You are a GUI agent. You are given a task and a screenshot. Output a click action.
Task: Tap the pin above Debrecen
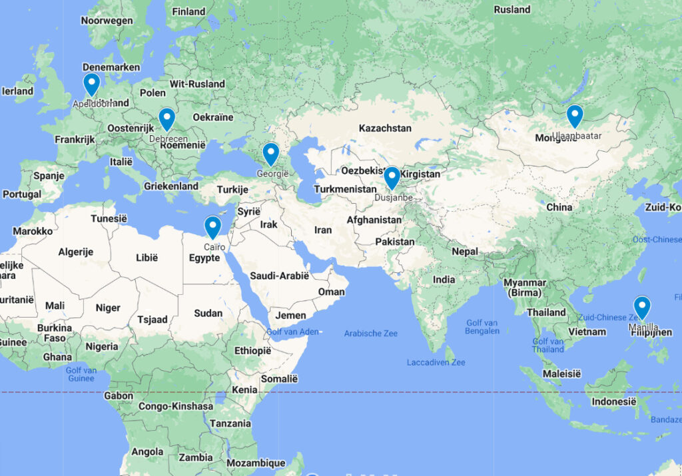(x=167, y=119)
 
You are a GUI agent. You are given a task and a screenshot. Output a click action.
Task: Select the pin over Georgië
(x=270, y=154)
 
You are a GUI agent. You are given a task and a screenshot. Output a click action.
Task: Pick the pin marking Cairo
(x=212, y=227)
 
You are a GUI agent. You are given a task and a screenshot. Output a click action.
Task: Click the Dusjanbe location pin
(x=392, y=178)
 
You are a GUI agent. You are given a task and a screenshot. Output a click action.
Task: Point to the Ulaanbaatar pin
(x=575, y=116)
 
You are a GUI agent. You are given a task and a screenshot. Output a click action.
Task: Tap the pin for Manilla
(x=642, y=308)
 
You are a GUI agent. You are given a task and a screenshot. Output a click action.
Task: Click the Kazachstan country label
(x=385, y=128)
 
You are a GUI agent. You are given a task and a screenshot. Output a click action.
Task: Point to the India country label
(x=444, y=280)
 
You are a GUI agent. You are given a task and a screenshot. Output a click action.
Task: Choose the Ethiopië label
(x=253, y=351)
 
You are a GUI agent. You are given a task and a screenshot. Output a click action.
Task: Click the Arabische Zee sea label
(x=370, y=334)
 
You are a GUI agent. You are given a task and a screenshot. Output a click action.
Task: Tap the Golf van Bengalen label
(x=482, y=326)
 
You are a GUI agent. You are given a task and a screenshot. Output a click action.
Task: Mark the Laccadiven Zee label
(x=436, y=362)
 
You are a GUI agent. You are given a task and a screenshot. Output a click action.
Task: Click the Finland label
(x=188, y=11)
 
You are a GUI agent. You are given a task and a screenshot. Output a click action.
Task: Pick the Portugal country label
(x=21, y=194)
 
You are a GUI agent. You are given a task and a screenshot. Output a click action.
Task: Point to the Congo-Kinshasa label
(x=176, y=406)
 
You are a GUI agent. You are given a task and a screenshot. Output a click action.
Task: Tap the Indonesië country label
(x=614, y=401)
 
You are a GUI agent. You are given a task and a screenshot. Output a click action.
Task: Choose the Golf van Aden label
(x=292, y=332)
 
